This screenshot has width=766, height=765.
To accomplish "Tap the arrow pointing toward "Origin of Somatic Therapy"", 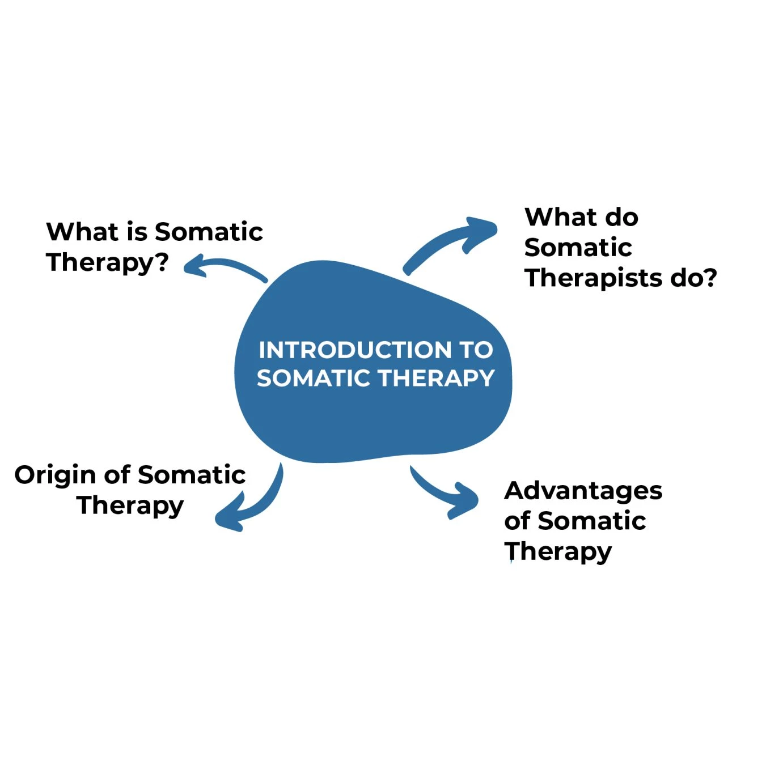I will (252, 501).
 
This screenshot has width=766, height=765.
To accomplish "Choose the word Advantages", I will (583, 491).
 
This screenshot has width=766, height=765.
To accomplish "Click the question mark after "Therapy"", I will (162, 262).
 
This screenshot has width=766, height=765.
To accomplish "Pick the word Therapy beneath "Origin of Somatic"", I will (130, 505).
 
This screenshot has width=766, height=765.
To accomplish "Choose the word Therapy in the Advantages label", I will (558, 551).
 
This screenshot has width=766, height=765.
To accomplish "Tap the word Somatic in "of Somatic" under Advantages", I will (591, 521).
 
